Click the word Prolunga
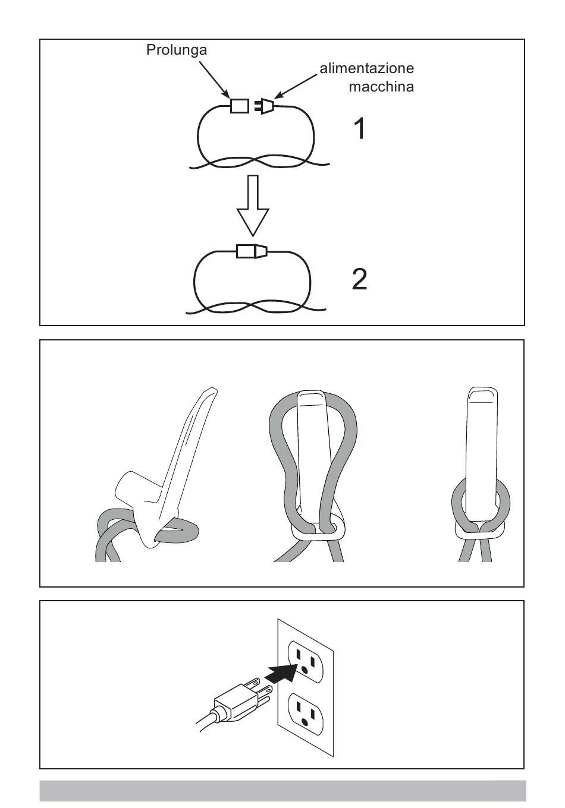point(176,50)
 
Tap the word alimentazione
point(366,68)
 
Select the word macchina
point(381,87)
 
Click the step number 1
point(360,129)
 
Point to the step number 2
point(360,279)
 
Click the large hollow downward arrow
point(253,206)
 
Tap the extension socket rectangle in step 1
point(240,106)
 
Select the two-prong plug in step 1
point(264,106)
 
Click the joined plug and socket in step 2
point(252,251)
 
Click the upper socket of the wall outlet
point(306,662)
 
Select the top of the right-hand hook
point(483,395)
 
